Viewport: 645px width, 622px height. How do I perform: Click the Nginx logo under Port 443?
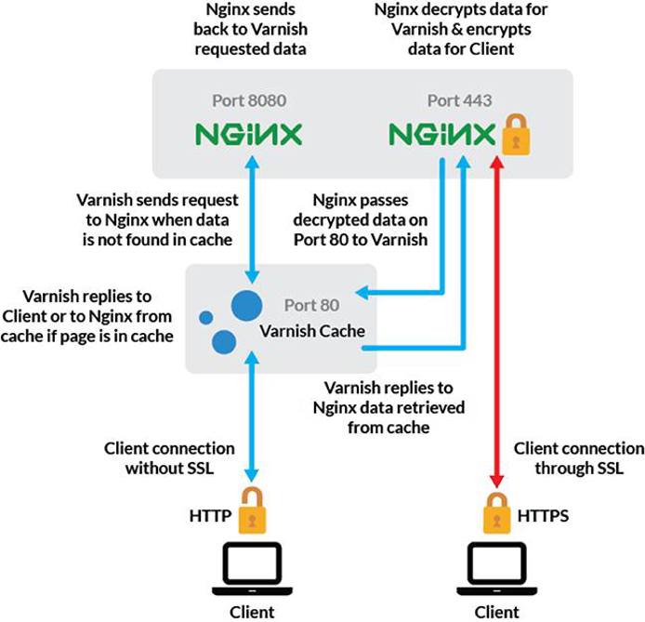(441, 137)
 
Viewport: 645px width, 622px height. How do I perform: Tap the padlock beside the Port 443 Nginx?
(513, 139)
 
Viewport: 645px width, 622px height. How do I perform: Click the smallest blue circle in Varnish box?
(206, 318)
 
